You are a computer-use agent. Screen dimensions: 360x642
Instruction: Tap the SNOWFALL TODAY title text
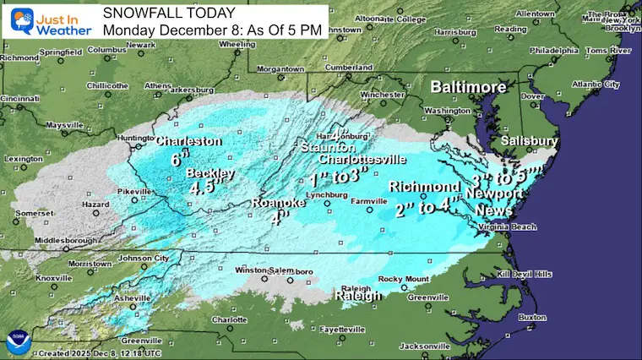pos(159,12)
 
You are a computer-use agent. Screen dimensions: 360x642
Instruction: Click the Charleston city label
pos(188,141)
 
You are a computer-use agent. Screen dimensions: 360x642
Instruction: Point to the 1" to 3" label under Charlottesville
pos(339,176)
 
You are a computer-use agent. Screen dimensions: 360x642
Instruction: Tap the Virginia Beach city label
pos(508,227)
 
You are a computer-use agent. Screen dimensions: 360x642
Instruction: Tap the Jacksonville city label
pos(425,346)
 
